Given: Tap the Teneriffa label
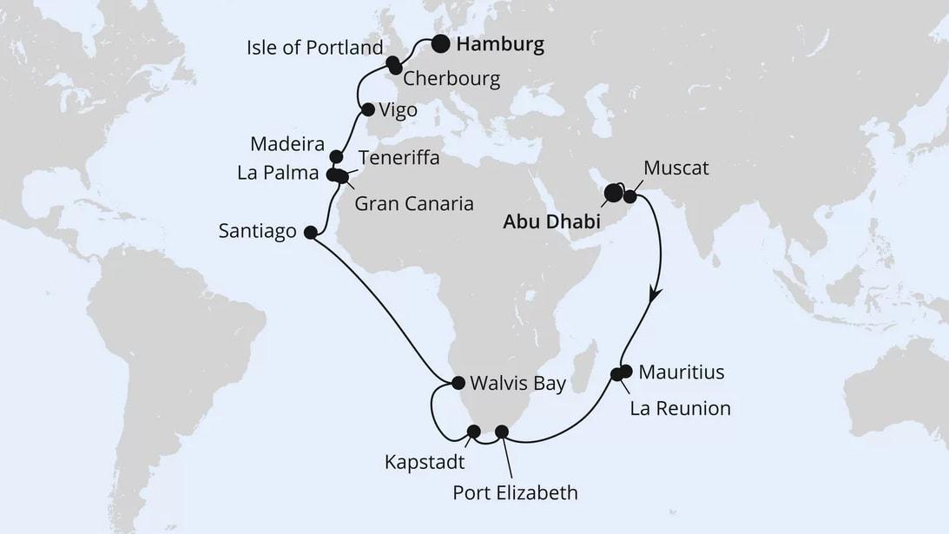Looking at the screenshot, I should click(399, 159).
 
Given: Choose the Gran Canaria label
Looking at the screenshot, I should click(414, 204).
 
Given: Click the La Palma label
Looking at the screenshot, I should click(277, 174).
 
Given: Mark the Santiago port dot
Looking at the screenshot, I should click(310, 232).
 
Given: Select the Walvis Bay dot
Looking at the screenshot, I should click(458, 382).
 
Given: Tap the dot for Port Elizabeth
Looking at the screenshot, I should click(501, 432).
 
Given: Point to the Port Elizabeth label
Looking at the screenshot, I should click(515, 494).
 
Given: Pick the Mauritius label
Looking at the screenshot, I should click(681, 373).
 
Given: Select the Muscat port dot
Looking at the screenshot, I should click(629, 198).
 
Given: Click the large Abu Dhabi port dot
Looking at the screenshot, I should click(614, 193).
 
